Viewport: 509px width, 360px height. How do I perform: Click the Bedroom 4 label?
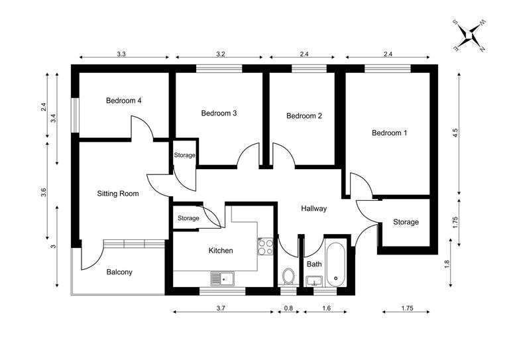click(124, 101)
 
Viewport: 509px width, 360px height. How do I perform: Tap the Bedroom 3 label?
click(219, 113)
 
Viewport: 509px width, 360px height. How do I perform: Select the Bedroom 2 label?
click(304, 116)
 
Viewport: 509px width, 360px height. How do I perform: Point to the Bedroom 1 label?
click(389, 133)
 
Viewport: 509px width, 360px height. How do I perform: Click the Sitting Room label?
click(118, 194)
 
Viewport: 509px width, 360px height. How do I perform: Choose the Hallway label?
click(313, 209)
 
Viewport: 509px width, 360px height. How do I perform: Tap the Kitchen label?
click(221, 251)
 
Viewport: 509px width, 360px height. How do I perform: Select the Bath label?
click(313, 265)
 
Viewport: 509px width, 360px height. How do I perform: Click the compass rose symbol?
click(470, 36)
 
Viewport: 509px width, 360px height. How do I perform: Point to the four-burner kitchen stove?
click(266, 247)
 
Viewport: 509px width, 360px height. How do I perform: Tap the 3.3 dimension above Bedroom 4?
click(121, 52)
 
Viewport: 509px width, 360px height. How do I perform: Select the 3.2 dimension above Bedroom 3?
click(218, 52)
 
